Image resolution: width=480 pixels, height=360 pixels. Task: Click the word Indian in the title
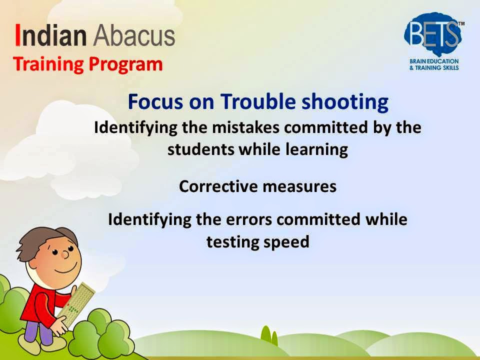coord(51,35)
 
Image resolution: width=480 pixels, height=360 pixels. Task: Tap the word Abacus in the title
coord(134,35)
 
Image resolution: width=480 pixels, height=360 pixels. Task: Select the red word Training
coord(48,64)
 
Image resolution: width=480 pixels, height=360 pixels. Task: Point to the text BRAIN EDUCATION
coord(434,61)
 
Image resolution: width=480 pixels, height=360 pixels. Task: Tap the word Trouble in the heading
coord(258,101)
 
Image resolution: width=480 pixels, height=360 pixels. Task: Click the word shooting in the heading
coord(345,102)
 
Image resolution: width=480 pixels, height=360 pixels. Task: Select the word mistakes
coord(245,127)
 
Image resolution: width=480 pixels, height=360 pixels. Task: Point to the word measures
coord(299,186)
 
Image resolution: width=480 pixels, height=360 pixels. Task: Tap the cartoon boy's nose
coord(65,254)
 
